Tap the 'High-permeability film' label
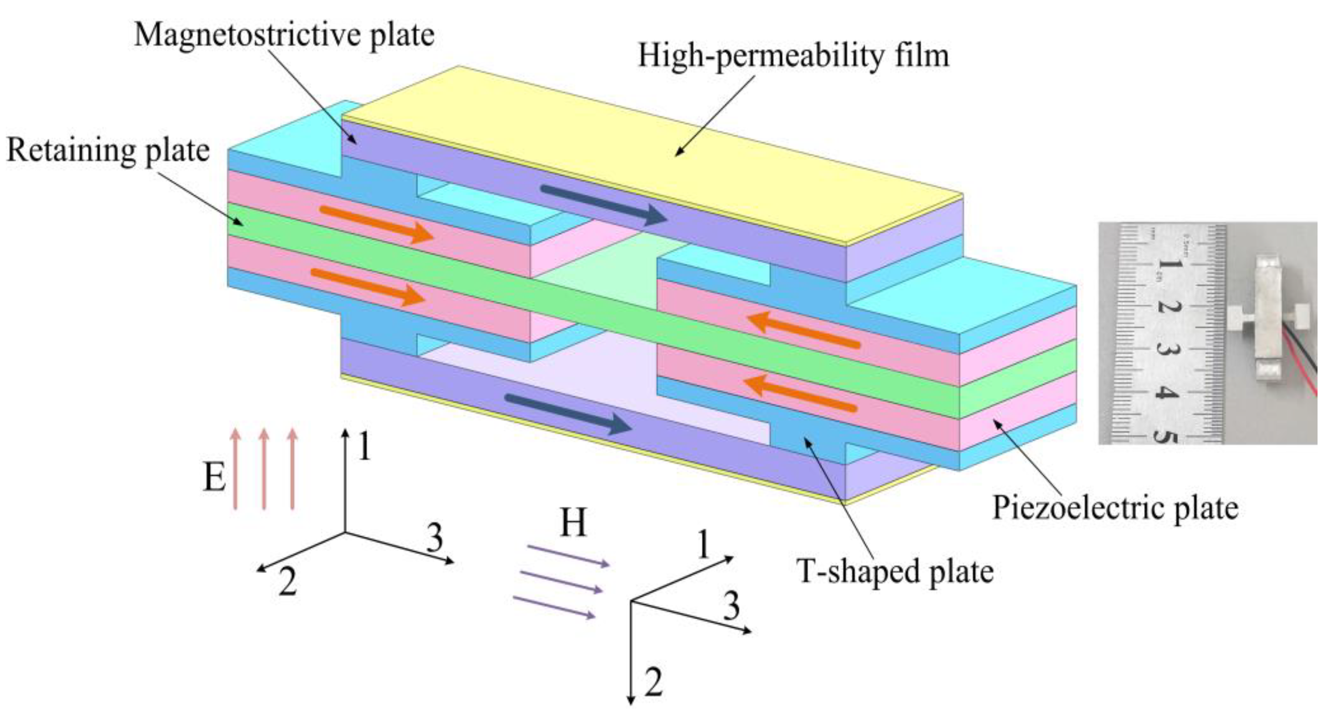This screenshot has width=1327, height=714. (793, 55)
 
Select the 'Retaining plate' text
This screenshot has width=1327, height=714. (108, 151)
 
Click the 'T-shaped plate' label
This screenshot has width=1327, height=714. (895, 571)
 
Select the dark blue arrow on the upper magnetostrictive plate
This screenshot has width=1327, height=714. (603, 205)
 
